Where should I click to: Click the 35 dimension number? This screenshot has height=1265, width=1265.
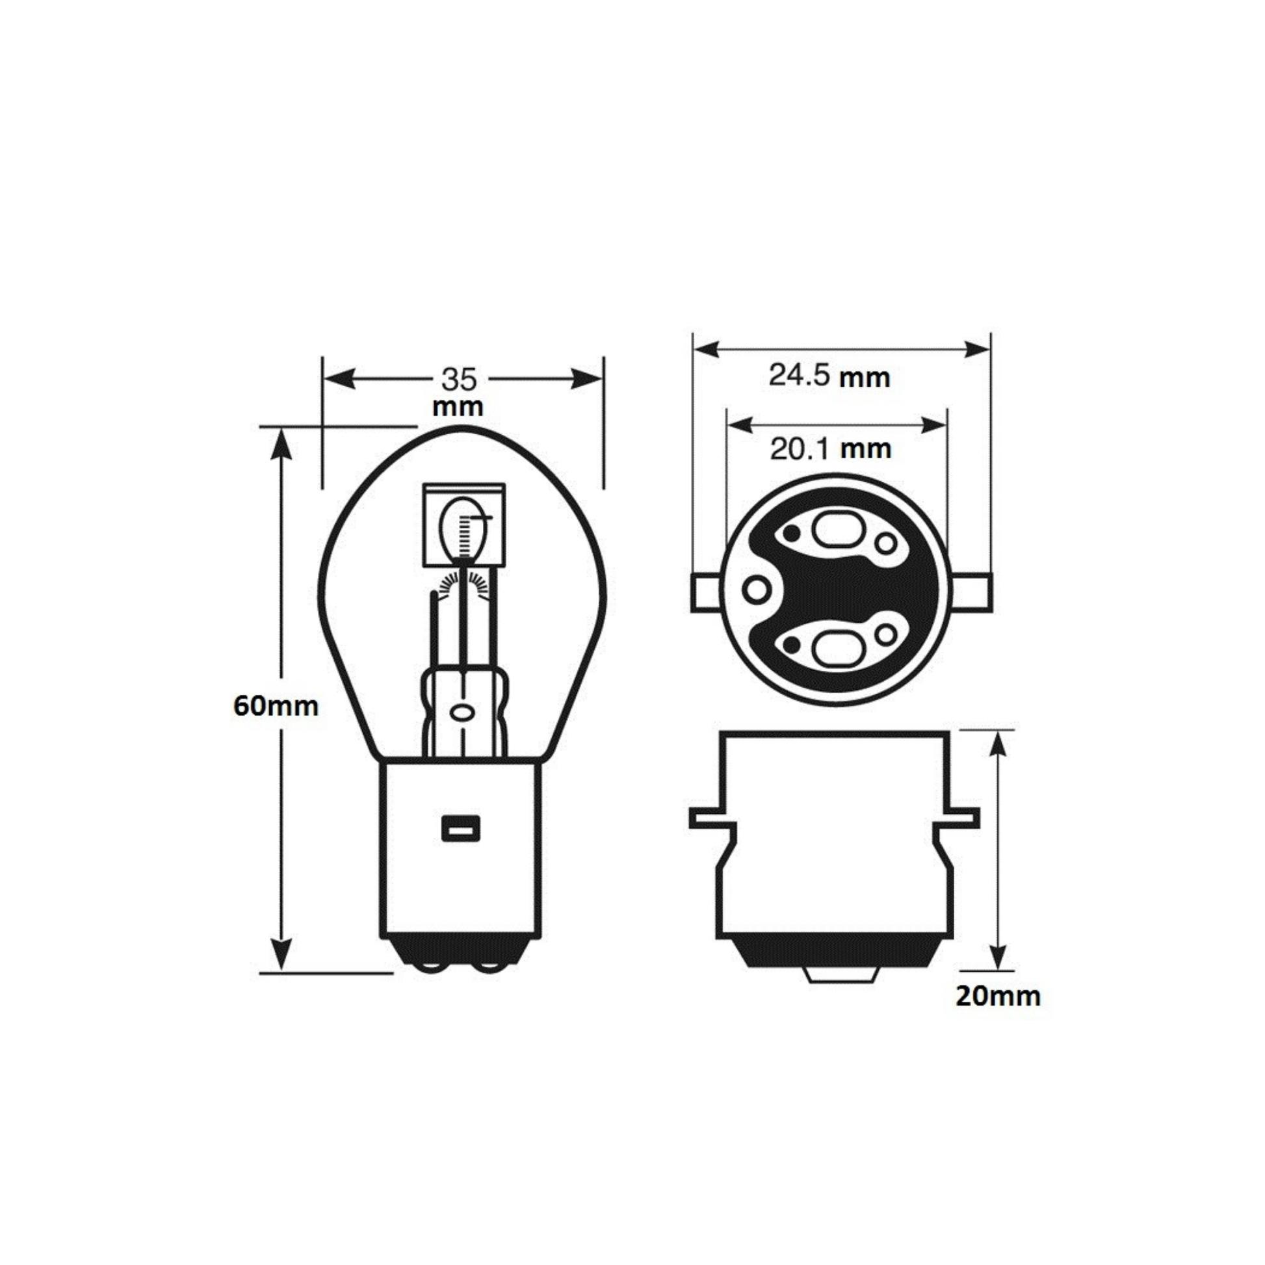click(459, 379)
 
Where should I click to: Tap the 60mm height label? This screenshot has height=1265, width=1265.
click(276, 706)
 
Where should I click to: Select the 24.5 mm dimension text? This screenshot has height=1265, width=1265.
click(829, 376)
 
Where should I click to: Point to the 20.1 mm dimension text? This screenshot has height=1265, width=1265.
click(830, 449)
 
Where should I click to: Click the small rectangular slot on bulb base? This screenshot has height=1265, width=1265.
click(461, 828)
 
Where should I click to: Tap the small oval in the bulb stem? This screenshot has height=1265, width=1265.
click(462, 712)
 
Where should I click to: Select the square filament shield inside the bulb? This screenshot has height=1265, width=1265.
click(464, 525)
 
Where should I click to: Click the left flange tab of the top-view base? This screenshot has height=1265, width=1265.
click(706, 592)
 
